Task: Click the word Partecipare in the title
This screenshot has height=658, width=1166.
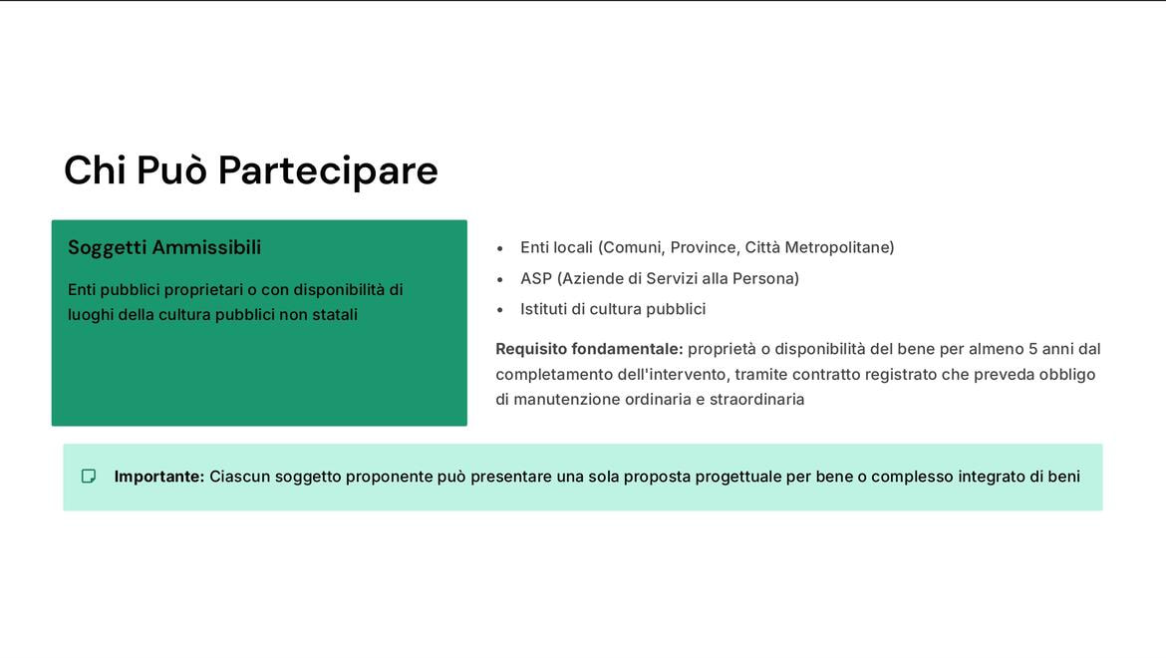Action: click(x=328, y=170)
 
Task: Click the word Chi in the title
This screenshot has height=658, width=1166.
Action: click(x=95, y=170)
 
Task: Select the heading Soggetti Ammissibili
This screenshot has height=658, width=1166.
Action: click(x=164, y=247)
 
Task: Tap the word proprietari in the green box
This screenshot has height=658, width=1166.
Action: click(x=203, y=290)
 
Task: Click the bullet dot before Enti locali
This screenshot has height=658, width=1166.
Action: click(x=500, y=248)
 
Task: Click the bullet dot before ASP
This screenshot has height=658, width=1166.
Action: click(x=500, y=279)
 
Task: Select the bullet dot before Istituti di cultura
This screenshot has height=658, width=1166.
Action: click(x=500, y=310)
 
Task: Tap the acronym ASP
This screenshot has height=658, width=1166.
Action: click(x=536, y=279)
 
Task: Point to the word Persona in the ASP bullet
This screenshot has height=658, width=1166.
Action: click(x=765, y=279)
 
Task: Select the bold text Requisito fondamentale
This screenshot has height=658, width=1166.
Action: click(x=589, y=349)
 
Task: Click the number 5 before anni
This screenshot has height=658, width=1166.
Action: click(x=1033, y=349)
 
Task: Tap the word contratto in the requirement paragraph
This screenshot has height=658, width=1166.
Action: click(x=826, y=375)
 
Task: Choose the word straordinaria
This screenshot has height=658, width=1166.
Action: click(x=756, y=400)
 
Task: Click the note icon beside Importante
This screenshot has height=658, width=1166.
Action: click(x=89, y=477)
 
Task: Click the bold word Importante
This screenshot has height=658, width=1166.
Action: click(x=159, y=477)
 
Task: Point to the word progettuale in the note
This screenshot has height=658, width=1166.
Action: click(x=737, y=477)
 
